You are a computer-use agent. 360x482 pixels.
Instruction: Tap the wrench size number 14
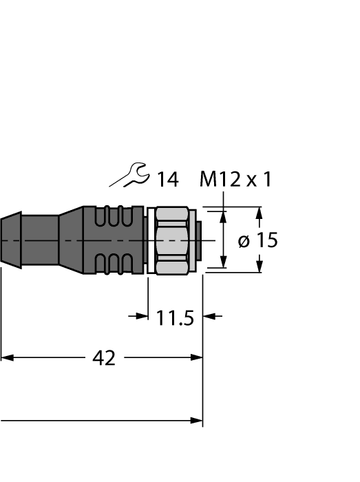coord(167,180)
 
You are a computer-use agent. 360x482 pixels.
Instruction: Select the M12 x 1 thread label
coord(235,180)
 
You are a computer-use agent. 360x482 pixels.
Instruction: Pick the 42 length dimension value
coord(104,358)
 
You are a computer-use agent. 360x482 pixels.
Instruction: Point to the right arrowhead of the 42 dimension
coord(197,357)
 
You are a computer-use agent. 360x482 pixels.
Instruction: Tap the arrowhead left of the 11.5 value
coord(142,316)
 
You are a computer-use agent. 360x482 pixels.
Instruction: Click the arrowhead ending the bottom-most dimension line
coord(197,420)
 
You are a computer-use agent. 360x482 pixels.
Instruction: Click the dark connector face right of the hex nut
coord(198,240)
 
